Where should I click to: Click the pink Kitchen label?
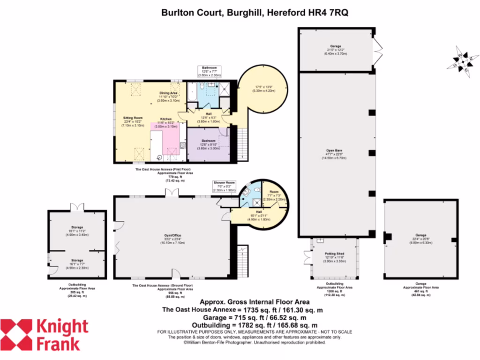click(x=167, y=119)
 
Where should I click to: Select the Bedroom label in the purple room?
click(x=209, y=141)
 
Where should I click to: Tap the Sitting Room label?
click(x=133, y=118)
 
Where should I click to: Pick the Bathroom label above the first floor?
click(x=209, y=67)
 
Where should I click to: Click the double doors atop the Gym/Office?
click(x=172, y=192)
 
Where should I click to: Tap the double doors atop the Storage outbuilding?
click(x=77, y=207)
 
